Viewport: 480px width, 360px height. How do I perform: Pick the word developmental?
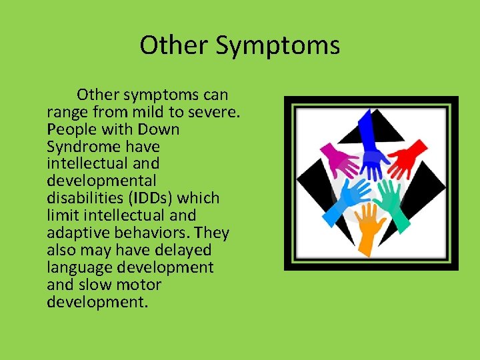click(101, 181)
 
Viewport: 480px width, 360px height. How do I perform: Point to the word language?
click(77, 267)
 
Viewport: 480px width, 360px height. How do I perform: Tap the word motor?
click(138, 285)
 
